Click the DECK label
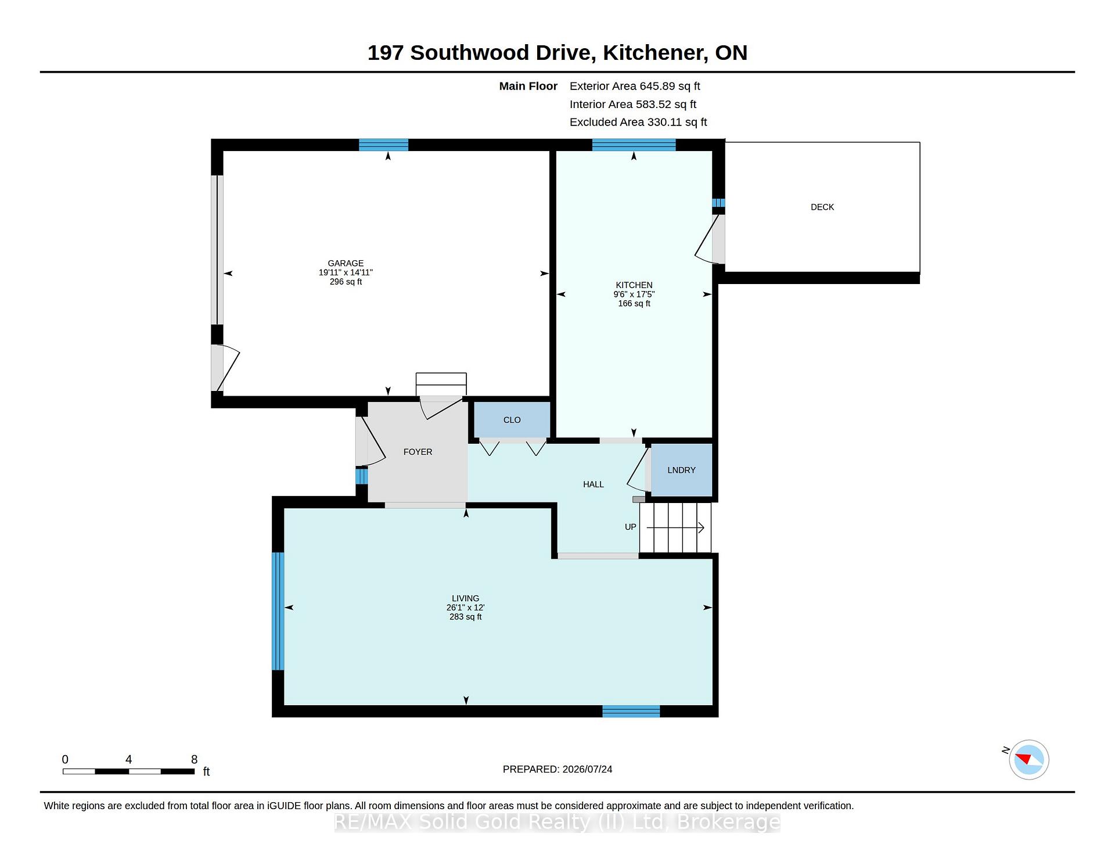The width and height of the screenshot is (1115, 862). (x=822, y=207)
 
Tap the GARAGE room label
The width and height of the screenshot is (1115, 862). (x=346, y=263)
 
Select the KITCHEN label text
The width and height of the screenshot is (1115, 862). (x=634, y=285)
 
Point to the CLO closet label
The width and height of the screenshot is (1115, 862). (x=512, y=420)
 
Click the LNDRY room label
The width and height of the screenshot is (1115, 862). (x=681, y=470)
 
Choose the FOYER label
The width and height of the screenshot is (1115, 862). (x=418, y=452)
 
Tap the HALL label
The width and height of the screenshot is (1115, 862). (x=594, y=484)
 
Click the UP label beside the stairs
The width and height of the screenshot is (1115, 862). (x=631, y=527)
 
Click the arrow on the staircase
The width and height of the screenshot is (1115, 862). (x=675, y=527)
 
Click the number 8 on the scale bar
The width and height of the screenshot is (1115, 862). (x=195, y=759)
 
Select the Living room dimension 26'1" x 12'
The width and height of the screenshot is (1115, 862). (x=465, y=608)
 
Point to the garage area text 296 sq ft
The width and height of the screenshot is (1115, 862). (x=346, y=282)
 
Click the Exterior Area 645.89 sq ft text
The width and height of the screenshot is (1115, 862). (x=635, y=86)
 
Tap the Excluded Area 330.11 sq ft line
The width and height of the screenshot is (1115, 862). (x=638, y=122)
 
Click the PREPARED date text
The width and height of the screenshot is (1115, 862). (x=557, y=769)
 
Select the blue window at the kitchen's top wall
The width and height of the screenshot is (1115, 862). (x=634, y=145)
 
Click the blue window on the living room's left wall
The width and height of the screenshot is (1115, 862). (x=278, y=611)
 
